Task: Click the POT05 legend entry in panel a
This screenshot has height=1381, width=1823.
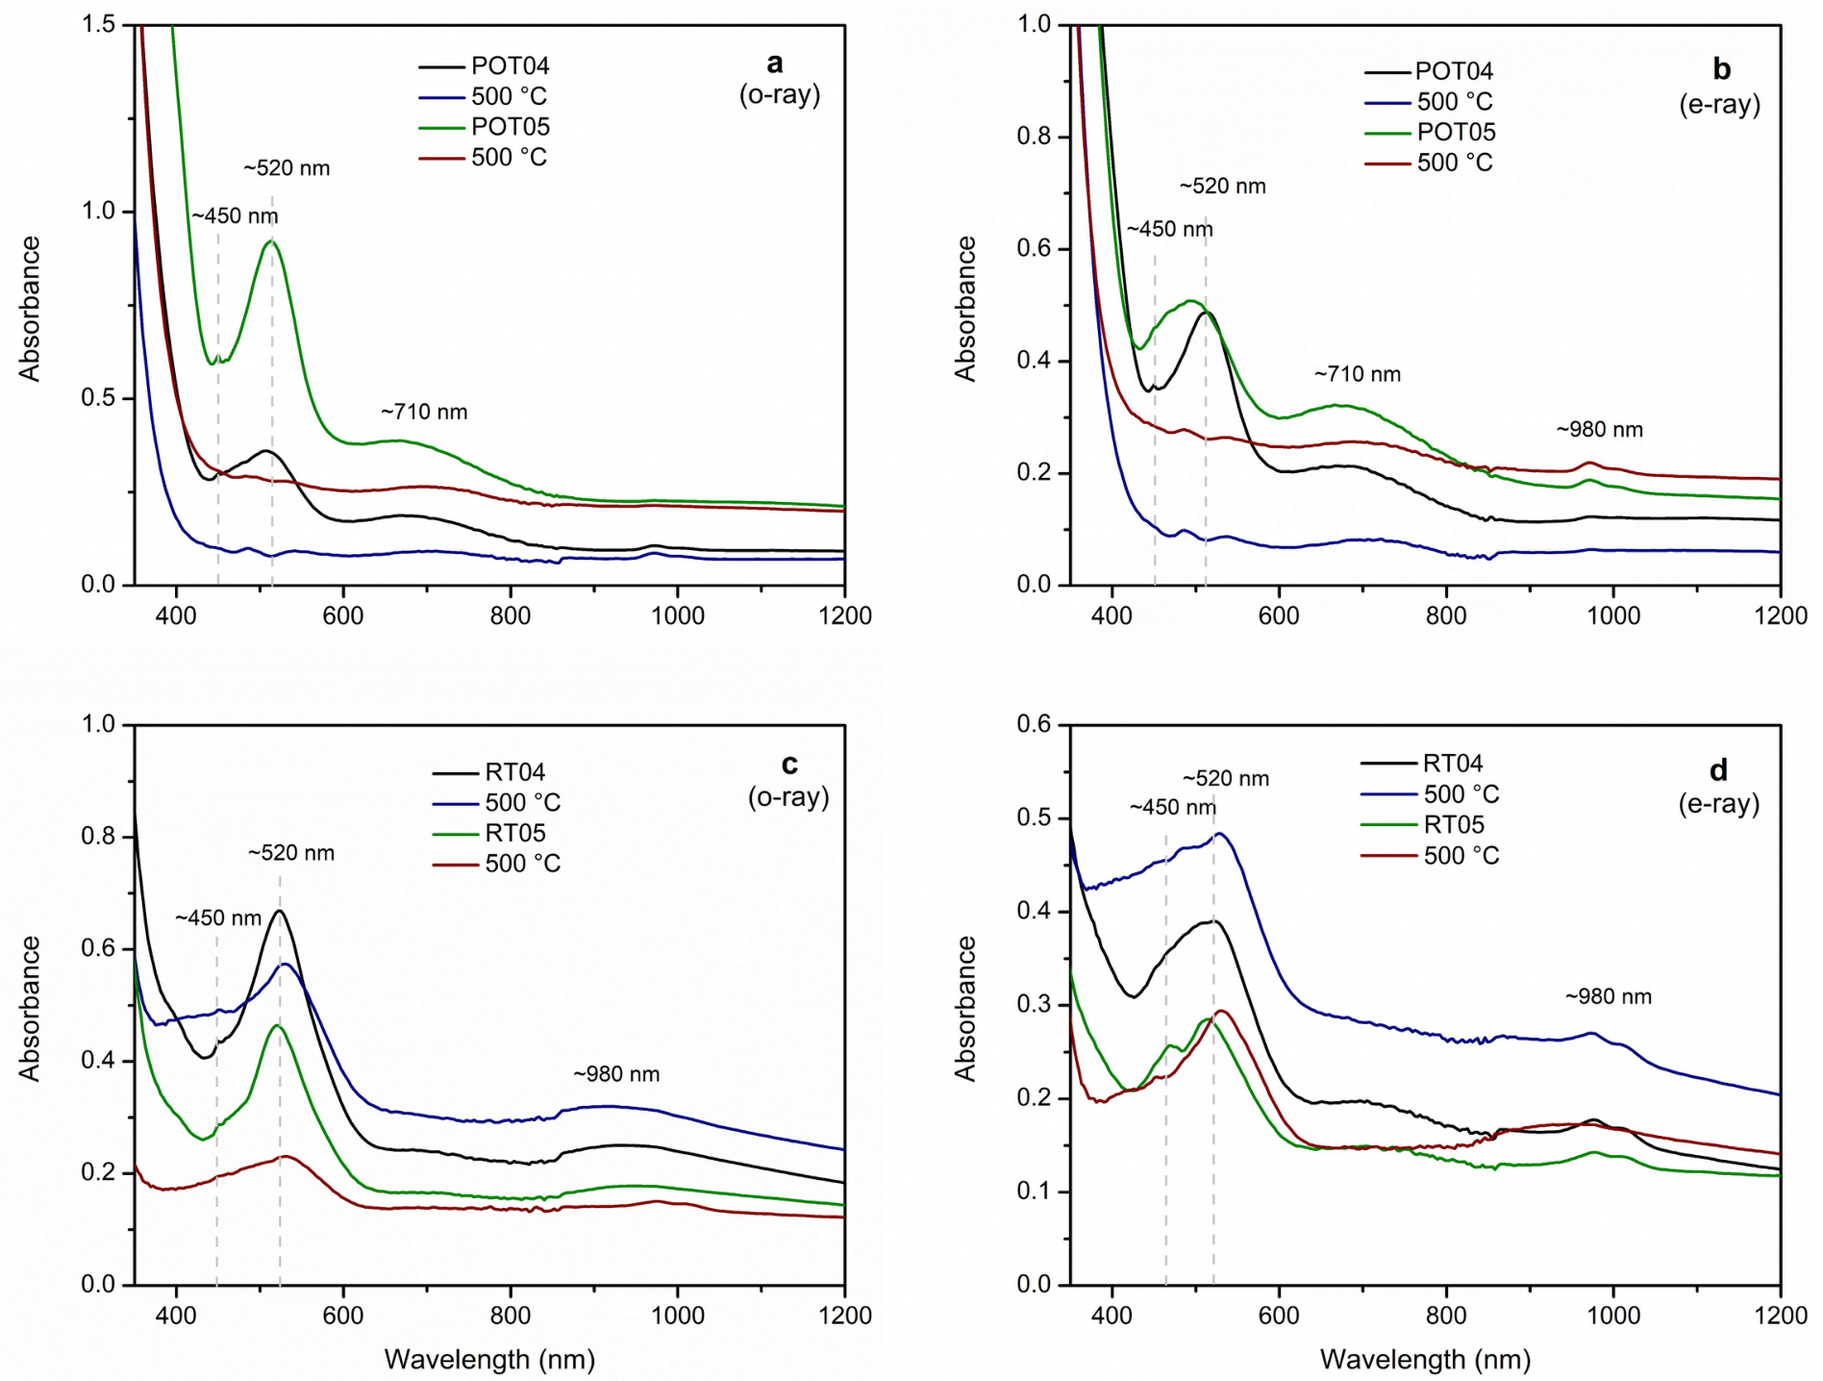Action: [x=484, y=127]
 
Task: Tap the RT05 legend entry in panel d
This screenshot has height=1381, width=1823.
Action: [x=1423, y=825]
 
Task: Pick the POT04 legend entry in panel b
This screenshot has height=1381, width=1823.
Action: [x=1429, y=71]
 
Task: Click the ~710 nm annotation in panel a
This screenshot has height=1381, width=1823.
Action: [x=424, y=412]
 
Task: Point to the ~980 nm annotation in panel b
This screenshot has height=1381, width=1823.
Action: [x=1600, y=430]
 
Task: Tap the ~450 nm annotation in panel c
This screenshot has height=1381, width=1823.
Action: [x=218, y=918]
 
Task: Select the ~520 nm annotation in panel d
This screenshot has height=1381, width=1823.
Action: [x=1226, y=778]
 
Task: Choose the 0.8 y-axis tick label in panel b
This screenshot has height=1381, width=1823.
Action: [x=1035, y=137]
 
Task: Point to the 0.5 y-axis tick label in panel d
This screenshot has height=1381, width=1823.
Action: [x=1035, y=818]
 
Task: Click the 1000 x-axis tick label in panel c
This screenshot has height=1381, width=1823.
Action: [x=678, y=1315]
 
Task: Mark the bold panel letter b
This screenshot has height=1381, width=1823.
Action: [x=1722, y=69]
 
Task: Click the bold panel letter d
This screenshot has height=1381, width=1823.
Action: [x=1719, y=770]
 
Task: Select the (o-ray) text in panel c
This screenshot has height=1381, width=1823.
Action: [x=788, y=797]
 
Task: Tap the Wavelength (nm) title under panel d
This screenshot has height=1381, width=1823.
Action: [x=1426, y=1359]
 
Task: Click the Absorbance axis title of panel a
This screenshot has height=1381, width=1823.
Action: [x=30, y=309]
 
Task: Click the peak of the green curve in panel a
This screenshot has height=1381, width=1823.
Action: [x=271, y=241]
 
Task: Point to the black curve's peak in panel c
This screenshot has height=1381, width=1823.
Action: [x=279, y=910]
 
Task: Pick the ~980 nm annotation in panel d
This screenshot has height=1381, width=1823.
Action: [x=1609, y=996]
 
